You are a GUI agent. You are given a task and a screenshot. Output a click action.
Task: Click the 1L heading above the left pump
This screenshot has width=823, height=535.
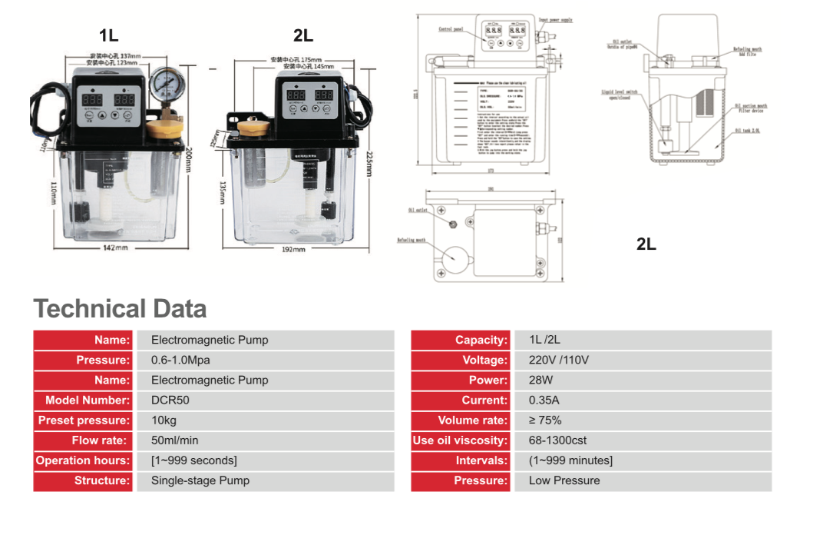coord(109,35)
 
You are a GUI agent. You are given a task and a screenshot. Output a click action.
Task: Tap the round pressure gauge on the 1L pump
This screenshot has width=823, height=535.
coord(164,83)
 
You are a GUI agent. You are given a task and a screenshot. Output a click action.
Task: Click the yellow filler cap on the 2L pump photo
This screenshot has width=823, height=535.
coord(251,126)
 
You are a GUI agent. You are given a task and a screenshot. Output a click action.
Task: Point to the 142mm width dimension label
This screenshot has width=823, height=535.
coord(116,248)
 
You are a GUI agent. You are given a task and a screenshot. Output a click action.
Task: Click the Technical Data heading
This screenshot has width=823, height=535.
coord(121,309)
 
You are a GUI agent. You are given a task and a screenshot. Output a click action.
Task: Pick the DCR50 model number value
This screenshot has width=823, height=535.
coord(170,400)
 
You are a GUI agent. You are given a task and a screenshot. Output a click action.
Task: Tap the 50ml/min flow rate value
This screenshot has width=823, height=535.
coord(174,440)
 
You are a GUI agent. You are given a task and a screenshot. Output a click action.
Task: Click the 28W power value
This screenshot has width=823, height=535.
coord(540,380)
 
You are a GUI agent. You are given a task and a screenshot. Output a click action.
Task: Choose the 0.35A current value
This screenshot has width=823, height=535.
coord(544,400)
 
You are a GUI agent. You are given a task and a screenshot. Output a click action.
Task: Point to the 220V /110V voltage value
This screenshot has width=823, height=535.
coord(559,361)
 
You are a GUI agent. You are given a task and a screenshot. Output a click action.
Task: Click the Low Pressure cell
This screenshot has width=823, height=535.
coord(564,480)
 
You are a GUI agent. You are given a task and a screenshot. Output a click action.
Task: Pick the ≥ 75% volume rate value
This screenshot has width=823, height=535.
coord(545,420)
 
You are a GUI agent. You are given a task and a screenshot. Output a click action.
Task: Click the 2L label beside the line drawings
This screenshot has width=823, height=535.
coord(646,244)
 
